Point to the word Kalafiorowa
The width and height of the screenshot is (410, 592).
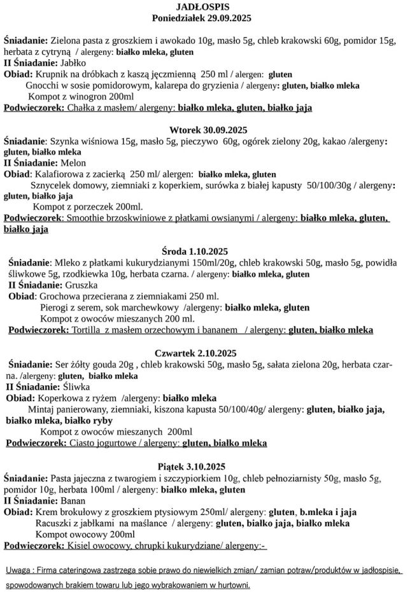tap(61, 174)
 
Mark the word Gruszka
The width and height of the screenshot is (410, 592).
tap(79, 285)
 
